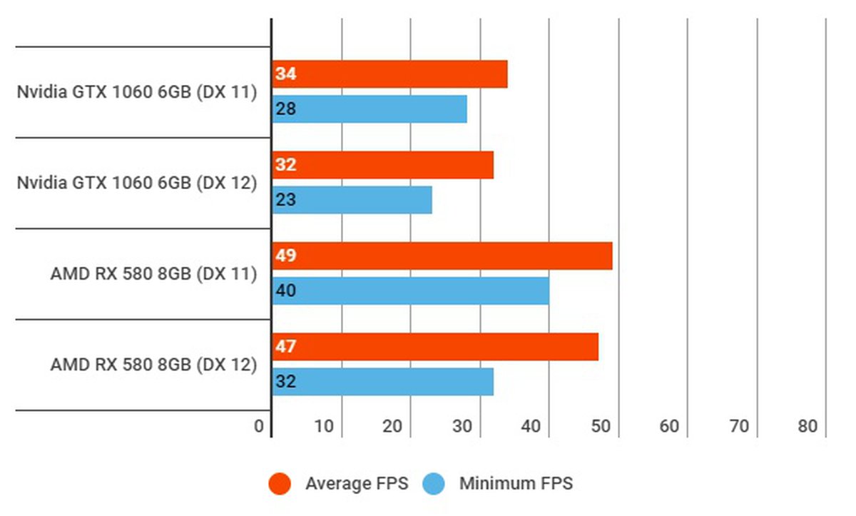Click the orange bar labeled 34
pos(389,74)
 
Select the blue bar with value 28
pos(370,109)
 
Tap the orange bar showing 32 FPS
pos(382,165)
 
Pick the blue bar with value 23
pos(352,200)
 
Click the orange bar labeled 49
pos(442,256)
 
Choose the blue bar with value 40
pos(410,291)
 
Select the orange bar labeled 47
pos(434,347)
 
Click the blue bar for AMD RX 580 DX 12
pos(382,382)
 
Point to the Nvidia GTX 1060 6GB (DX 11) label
pos(136,92)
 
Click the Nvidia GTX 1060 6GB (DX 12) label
pos(136,183)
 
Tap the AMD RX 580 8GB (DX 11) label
pos(153,274)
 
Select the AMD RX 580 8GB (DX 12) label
pos(153,365)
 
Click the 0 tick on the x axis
pos(259,427)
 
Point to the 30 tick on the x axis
pos(462,427)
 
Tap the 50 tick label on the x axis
pos(601,427)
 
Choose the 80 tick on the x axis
pos(807,427)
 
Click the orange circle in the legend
pos(280,484)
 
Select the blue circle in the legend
pos(433,484)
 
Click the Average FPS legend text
pos(357,484)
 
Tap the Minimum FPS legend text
pos(516,484)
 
